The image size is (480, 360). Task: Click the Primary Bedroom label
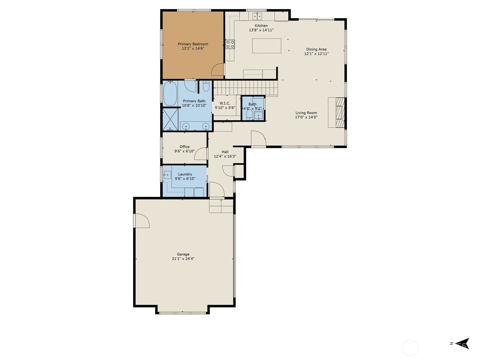pyautogui.click(x=193, y=44)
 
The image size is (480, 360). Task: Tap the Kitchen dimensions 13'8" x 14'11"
pyautogui.click(x=261, y=30)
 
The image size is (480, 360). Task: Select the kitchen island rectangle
pyautogui.click(x=267, y=46)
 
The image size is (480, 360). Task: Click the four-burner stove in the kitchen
pyautogui.click(x=230, y=44)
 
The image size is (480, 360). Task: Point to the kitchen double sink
pyautogui.click(x=257, y=16)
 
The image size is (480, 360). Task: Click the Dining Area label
pyautogui.click(x=316, y=49)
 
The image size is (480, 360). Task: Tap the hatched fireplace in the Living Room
pyautogui.click(x=340, y=112)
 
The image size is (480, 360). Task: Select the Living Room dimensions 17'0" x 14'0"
pyautogui.click(x=306, y=117)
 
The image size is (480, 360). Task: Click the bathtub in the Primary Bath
pyautogui.click(x=170, y=93)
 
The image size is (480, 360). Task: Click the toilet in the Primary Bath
pyautogui.click(x=206, y=86)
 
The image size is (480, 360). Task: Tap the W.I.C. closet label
pyautogui.click(x=225, y=103)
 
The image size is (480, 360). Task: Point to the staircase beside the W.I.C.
pyautogui.click(x=245, y=88)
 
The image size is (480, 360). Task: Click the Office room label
pyautogui.click(x=184, y=147)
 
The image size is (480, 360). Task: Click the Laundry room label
pyautogui.click(x=185, y=174)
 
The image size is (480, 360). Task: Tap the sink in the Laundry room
pyautogui.click(x=167, y=175)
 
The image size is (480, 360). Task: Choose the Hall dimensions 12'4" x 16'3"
pyautogui.click(x=225, y=156)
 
